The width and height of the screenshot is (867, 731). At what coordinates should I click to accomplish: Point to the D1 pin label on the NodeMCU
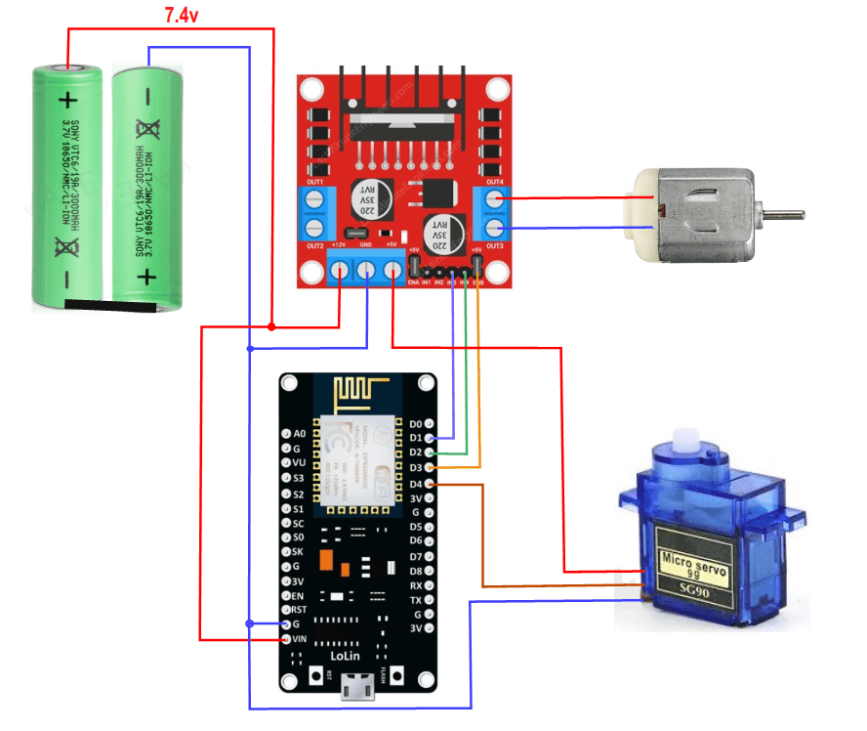(416, 439)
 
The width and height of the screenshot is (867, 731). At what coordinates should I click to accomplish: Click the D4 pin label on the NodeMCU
(416, 484)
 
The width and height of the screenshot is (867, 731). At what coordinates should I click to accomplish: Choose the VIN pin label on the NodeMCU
(300, 638)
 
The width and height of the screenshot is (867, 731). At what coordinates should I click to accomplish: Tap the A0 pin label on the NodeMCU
(300, 433)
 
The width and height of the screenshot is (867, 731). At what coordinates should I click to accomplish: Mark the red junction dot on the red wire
(271, 326)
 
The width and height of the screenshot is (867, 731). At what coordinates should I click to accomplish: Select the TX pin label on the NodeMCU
(416, 600)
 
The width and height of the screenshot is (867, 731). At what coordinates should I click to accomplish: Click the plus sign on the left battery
(67, 100)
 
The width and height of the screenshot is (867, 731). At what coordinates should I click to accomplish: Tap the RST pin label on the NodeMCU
(300, 609)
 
